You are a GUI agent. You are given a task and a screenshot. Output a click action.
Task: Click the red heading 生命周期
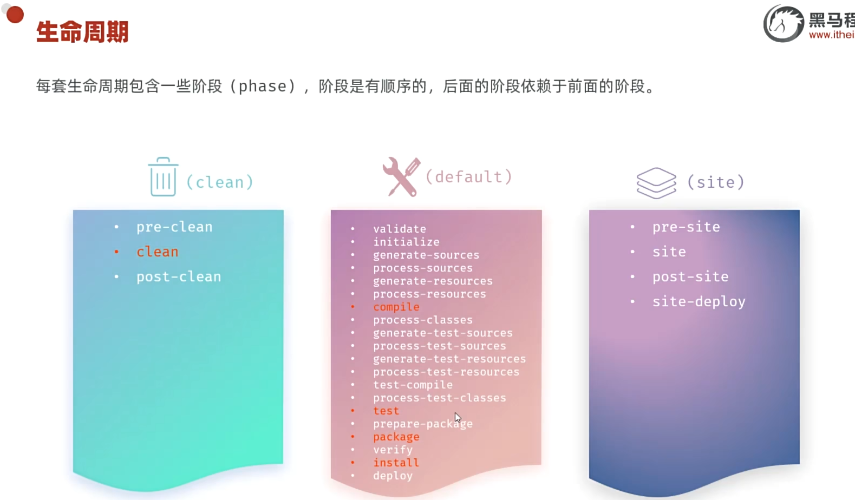82,32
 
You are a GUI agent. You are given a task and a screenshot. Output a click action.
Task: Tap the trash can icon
163,177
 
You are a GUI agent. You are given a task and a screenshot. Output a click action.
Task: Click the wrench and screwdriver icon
401,176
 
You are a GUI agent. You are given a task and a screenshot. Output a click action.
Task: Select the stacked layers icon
656,182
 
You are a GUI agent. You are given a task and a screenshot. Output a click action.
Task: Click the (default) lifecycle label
469,177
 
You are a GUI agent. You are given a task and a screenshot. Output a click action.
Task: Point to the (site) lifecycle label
716,182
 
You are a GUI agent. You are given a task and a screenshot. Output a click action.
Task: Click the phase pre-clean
174,227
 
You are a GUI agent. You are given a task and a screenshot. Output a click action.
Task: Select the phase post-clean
179,277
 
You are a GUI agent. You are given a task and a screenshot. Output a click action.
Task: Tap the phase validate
400,229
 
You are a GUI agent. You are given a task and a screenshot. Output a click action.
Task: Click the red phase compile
396,307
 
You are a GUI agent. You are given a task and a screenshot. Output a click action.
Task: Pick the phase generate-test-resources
449,359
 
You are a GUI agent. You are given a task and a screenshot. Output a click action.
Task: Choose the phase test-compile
413,385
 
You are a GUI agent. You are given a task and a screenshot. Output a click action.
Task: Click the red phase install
396,463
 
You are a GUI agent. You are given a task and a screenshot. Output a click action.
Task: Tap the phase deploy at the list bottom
393,476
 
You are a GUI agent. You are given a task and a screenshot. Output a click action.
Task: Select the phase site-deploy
699,301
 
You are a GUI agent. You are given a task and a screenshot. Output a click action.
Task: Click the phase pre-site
686,227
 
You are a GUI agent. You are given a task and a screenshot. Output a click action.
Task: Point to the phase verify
393,450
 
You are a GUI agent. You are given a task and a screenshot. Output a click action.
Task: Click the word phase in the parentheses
263,87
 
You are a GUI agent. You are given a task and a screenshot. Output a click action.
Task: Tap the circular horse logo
784,24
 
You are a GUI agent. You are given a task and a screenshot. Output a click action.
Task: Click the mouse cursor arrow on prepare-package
458,417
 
